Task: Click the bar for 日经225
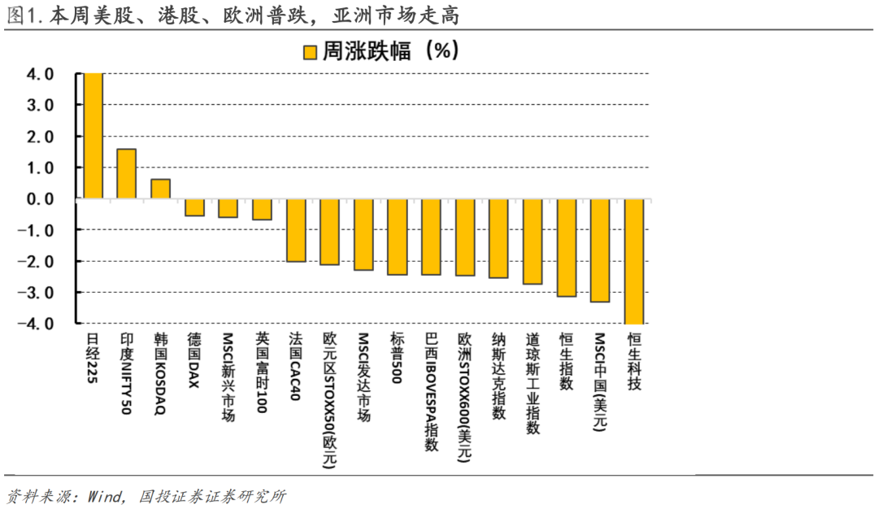pos(93,136)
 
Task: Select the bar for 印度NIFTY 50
pos(127,174)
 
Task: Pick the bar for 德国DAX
pos(194,207)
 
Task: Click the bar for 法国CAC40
pos(296,230)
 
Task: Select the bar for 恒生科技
pos(633,261)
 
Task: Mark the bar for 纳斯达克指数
pos(498,238)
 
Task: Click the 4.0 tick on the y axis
pos(41,75)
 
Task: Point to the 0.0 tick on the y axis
pos(41,199)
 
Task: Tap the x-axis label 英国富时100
pos(261,372)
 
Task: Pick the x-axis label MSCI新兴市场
pos(228,376)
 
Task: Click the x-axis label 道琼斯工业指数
pos(532,383)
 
